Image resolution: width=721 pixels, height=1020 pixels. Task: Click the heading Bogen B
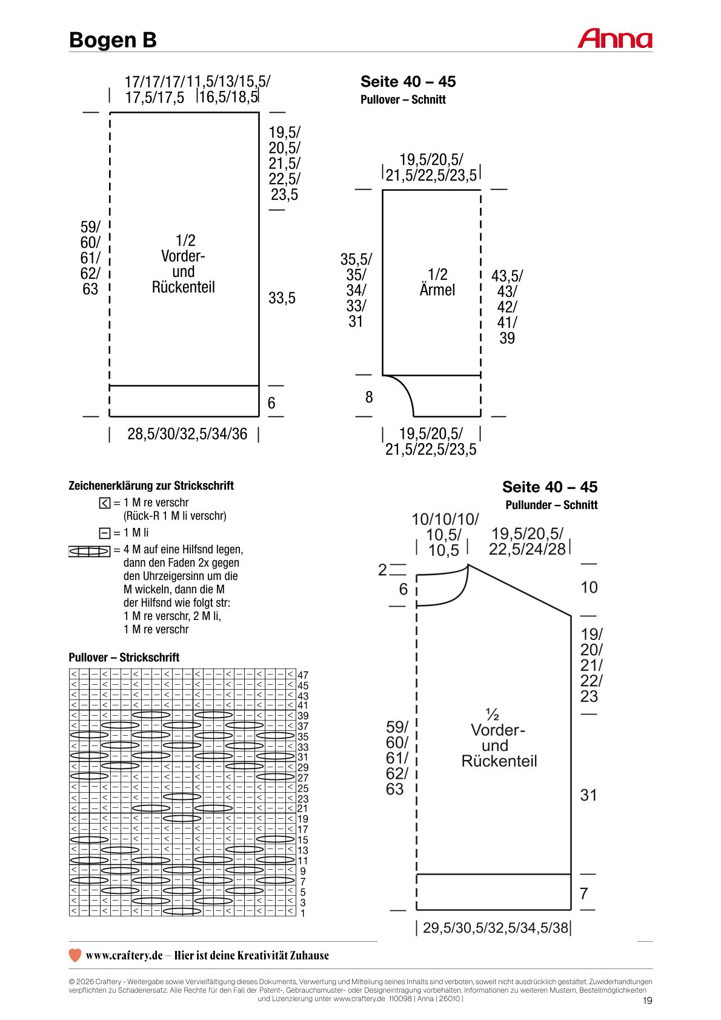click(x=113, y=40)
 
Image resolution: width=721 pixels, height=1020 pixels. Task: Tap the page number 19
click(x=647, y=1001)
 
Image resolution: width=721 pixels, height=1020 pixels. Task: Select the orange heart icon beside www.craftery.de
click(x=75, y=955)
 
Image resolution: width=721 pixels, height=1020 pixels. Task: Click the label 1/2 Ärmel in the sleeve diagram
click(x=437, y=282)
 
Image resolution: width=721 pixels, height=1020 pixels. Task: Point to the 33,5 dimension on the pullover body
click(x=282, y=298)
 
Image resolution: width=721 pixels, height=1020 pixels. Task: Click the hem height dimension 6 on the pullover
click(x=271, y=402)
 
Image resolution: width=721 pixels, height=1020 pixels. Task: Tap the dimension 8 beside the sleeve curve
click(x=369, y=397)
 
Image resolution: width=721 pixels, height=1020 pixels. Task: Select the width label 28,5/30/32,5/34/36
click(x=187, y=434)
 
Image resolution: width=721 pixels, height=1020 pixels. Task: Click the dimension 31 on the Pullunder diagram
click(x=588, y=795)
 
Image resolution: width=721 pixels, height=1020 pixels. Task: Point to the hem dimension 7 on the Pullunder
click(x=584, y=893)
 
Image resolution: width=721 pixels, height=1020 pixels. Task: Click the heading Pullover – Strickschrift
click(x=124, y=657)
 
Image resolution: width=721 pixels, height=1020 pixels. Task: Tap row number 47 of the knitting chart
click(x=303, y=675)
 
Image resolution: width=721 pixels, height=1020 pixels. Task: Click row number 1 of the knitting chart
click(x=303, y=913)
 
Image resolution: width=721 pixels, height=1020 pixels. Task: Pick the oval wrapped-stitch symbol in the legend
click(x=89, y=552)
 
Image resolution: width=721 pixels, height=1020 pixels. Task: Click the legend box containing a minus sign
click(x=104, y=533)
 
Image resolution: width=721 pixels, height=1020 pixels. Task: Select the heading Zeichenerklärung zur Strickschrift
click(x=151, y=485)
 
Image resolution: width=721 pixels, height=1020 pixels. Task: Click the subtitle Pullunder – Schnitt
click(x=551, y=504)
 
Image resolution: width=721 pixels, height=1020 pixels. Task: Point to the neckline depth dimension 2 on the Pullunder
click(x=382, y=570)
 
